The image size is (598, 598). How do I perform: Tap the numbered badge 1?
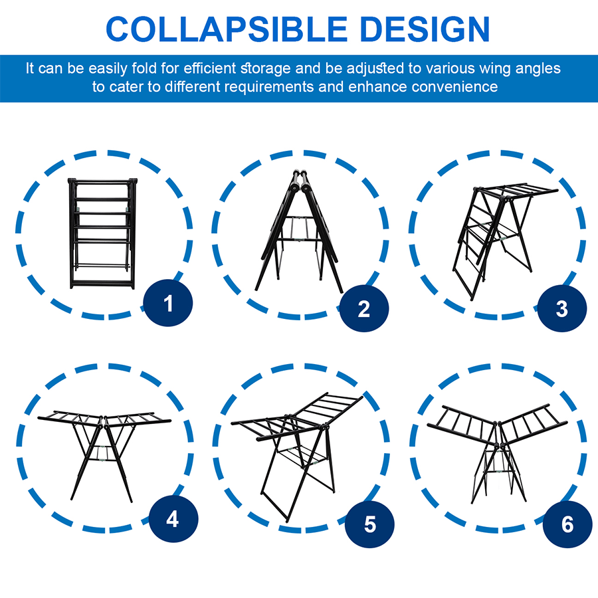pos(168,304)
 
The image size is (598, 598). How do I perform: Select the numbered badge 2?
pos(363,308)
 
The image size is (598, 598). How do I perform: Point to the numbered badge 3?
pos(561,308)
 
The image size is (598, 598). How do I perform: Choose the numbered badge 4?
pos(173,519)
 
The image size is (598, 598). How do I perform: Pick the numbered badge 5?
pos(370,524)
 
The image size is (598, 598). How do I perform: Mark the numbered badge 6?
pos(567,524)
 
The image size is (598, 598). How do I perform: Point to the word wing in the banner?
pos(498,68)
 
